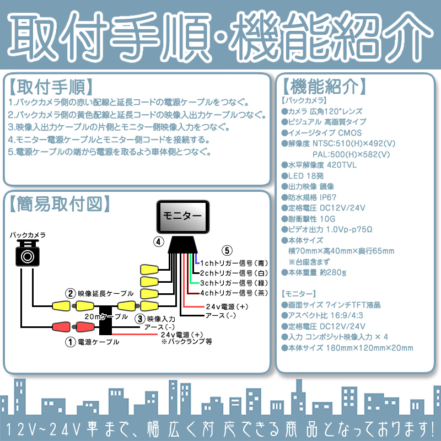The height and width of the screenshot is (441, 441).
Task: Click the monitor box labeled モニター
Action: coord(181,216)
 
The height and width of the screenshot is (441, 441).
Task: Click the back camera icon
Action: coord(27,254)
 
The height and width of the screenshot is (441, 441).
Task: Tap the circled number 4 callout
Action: coord(158,241)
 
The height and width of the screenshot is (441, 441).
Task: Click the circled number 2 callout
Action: coord(70,293)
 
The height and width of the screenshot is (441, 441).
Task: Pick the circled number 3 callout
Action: coord(140,319)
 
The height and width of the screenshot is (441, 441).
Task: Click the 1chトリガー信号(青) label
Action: coord(234,262)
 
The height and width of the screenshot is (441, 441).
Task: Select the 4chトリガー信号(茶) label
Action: coord(234,292)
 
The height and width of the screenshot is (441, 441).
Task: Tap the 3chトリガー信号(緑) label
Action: coord(234,282)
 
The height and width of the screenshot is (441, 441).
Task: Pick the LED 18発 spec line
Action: coord(305,175)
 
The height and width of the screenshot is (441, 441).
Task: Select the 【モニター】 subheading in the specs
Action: coord(299,293)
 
